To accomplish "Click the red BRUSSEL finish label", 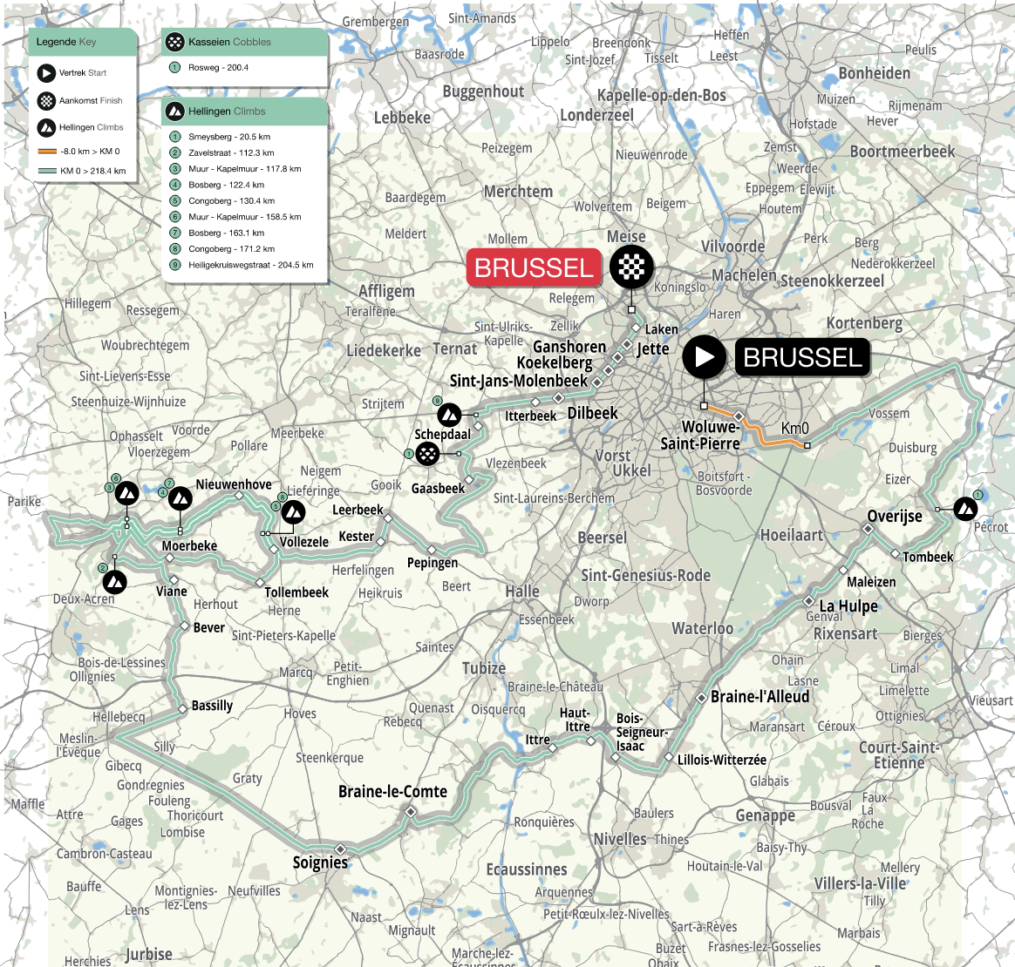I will tap(534, 267).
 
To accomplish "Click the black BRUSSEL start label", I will tap(802, 357).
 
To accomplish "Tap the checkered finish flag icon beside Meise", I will tap(631, 267).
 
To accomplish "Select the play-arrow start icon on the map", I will tap(704, 357).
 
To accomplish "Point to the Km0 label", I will tap(794, 428).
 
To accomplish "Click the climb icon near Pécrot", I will tap(965, 509).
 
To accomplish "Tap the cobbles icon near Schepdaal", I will tap(426, 453).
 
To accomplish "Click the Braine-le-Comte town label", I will tap(392, 791).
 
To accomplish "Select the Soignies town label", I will tap(320, 862).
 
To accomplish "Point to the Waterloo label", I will tap(702, 628).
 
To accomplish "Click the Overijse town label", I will tap(894, 516).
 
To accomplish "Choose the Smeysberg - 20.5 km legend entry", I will tap(228, 137).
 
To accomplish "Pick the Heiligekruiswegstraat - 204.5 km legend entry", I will tap(250, 265).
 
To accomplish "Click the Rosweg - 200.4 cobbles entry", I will tap(218, 67).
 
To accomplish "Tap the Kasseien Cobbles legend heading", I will tap(229, 42).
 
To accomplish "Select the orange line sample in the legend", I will tap(47, 152).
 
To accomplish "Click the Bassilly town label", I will tap(212, 705).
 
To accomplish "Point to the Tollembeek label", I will tap(296, 592).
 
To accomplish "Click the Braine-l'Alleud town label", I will tap(760, 697).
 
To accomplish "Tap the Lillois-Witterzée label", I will tap(722, 760).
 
